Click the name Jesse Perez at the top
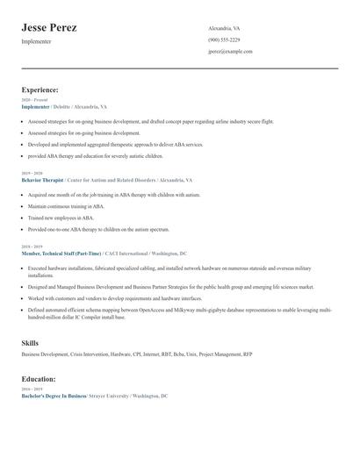49,28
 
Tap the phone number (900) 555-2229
224,39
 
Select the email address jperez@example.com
230,52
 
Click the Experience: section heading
40,89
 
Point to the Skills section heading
31,342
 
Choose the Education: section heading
39,379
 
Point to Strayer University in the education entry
109,397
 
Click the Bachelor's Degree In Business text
54,397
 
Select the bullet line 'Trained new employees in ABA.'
61,217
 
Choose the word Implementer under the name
36,42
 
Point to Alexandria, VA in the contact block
224,28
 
